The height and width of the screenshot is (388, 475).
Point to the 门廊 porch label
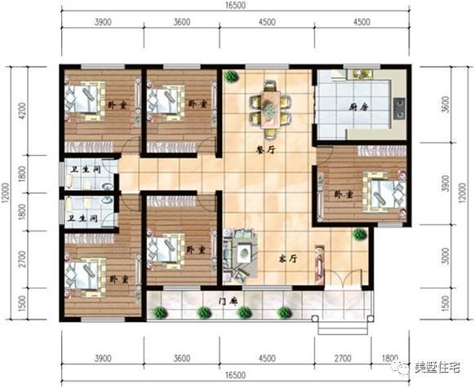pyautogui.click(x=228, y=301)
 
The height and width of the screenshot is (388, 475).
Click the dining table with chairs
pyautogui.click(x=269, y=106)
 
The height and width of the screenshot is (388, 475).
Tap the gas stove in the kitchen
pyautogui.click(x=400, y=106)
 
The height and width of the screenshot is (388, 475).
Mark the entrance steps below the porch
pyautogui.click(x=336, y=328)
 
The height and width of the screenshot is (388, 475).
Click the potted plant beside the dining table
pyautogui.click(x=231, y=77)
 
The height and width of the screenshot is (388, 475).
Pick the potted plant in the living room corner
pyautogui.click(x=358, y=235)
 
